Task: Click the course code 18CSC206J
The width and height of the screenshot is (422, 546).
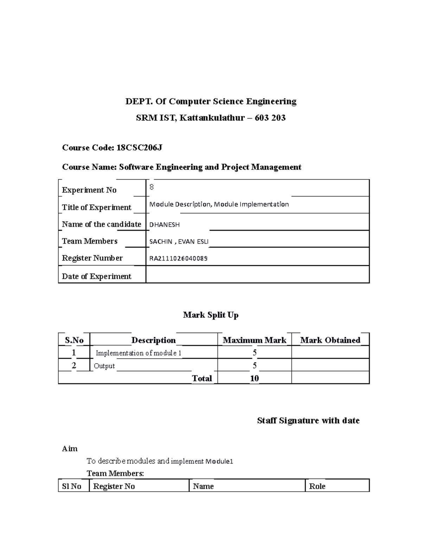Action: click(139, 148)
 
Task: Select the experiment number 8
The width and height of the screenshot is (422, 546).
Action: click(152, 187)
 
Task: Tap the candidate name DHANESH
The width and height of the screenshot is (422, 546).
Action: click(165, 225)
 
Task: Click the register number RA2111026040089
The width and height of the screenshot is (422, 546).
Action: click(178, 258)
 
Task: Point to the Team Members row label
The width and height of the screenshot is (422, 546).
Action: click(90, 241)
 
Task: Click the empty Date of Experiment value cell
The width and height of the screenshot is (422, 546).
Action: click(257, 275)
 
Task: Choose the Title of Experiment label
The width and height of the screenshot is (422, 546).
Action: click(96, 207)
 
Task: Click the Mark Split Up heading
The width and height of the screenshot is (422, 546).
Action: click(211, 315)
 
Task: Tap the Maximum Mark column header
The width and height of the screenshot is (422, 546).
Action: click(254, 340)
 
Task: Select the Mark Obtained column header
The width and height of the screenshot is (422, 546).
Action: click(330, 340)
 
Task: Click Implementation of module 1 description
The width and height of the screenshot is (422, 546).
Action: click(139, 353)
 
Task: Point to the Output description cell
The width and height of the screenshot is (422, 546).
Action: click(104, 366)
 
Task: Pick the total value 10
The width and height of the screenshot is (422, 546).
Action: click(254, 378)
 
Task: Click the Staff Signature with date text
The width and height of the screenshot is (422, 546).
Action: click(308, 420)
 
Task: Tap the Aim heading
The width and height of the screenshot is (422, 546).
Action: click(70, 449)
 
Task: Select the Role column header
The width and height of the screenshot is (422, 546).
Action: click(317, 486)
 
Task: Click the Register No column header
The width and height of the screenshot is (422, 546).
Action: click(114, 486)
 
